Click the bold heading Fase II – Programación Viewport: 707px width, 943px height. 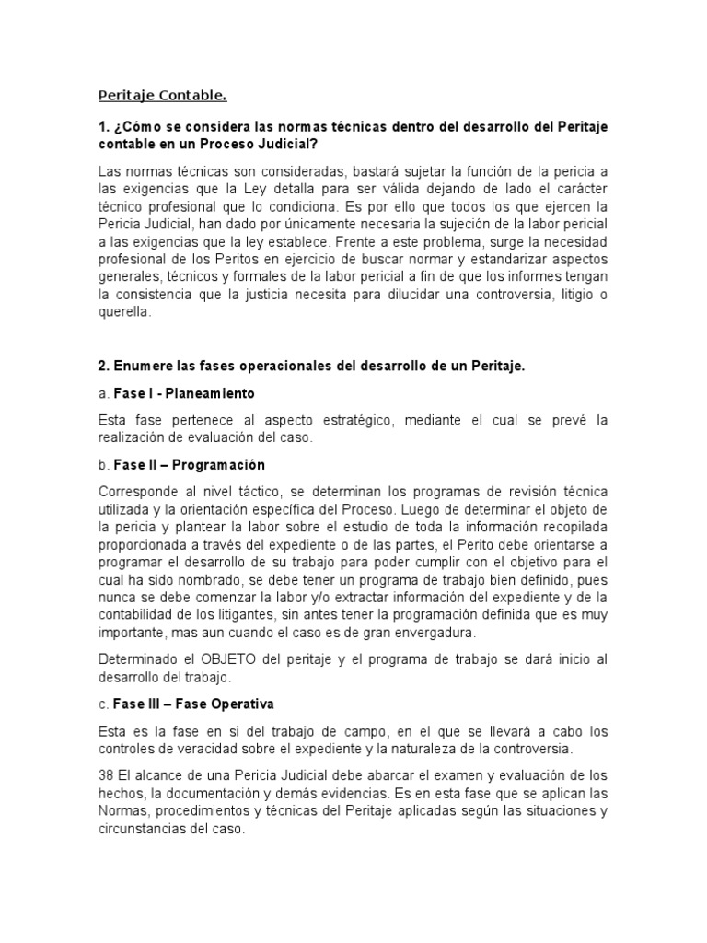click(x=189, y=465)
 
